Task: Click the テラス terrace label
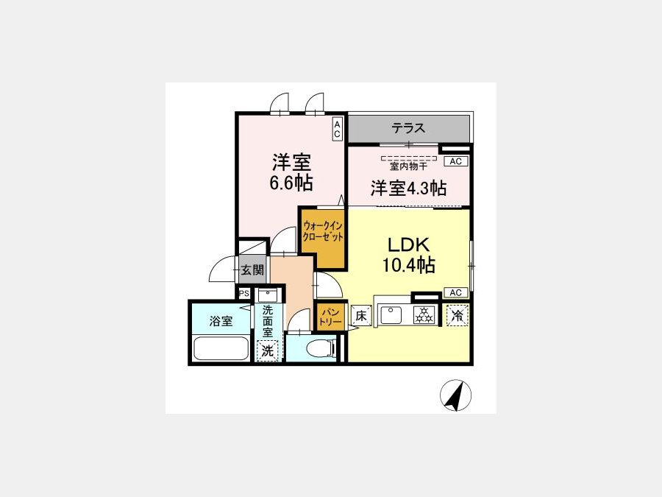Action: [407, 127]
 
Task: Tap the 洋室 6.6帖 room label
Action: [291, 172]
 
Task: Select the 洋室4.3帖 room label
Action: [408, 188]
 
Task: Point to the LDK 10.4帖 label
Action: [409, 255]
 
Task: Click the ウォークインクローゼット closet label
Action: [323, 231]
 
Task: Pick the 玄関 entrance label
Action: [252, 269]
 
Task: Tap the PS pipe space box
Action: [244, 293]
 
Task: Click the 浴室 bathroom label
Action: [221, 321]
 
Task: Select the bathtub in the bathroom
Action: [221, 349]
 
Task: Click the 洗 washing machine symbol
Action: [267, 350]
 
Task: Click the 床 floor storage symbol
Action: [361, 315]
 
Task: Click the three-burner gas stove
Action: [424, 315]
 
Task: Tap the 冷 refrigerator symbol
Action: [458, 315]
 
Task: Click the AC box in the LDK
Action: [455, 292]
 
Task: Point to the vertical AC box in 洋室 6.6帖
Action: [337, 129]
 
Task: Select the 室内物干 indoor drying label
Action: [408, 166]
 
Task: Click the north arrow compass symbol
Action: [455, 395]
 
